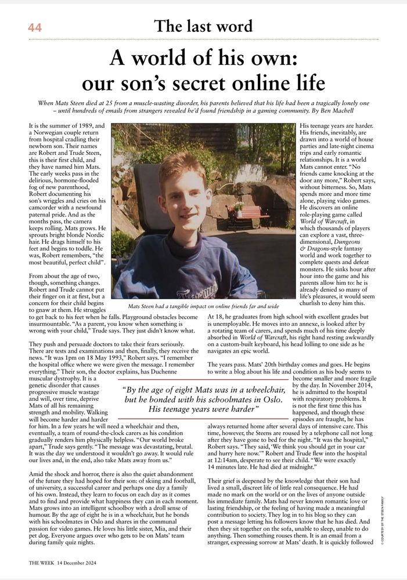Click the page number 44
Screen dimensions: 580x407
pos(34,27)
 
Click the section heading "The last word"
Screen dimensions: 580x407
pos(203,26)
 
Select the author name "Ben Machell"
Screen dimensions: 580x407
pos(350,110)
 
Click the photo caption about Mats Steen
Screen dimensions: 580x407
pos(203,306)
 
